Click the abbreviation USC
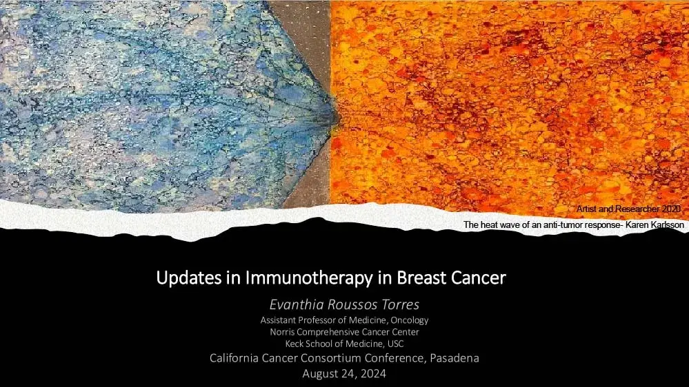pyautogui.click(x=395, y=344)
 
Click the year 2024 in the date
pyautogui.click(x=370, y=373)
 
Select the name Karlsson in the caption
pyautogui.click(x=661, y=224)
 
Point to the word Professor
pyautogui.click(x=321, y=320)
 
